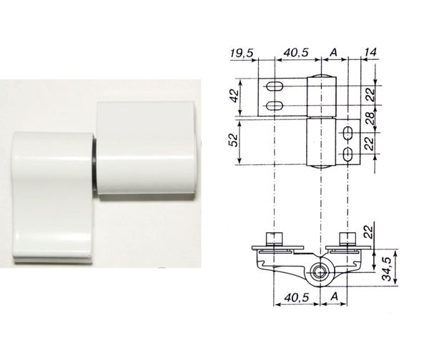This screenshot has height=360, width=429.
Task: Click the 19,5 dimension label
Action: [242, 53]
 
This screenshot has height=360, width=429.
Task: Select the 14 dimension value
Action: [370, 52]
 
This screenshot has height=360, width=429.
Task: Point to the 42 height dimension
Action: [235, 95]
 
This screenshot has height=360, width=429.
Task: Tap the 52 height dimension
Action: [233, 139]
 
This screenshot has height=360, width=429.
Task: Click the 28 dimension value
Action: [370, 119]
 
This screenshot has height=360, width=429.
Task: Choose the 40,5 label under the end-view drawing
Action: [296, 297]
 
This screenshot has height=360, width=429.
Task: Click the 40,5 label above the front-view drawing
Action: [296, 52]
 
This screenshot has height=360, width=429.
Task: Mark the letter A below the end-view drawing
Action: [335, 296]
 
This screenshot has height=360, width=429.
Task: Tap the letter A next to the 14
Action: [333, 52]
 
